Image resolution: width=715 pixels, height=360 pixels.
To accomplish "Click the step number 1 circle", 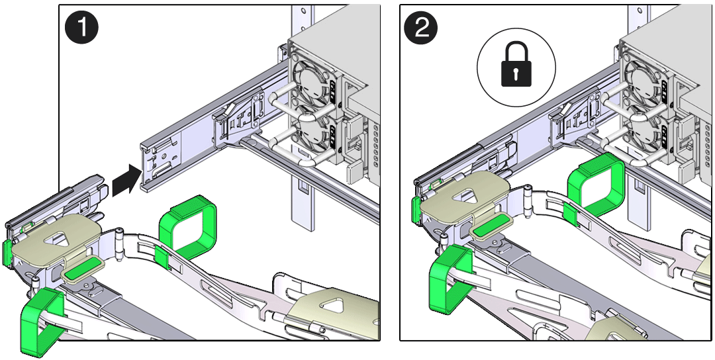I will [x=81, y=30].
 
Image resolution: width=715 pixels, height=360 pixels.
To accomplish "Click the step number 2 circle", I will [x=422, y=30].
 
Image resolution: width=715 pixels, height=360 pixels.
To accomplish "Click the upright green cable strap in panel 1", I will [x=188, y=228].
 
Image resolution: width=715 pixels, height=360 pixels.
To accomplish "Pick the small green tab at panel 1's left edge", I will [x=7, y=251].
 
